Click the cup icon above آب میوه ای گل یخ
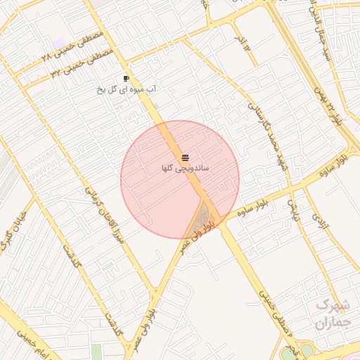point(126,79)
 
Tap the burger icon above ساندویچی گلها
point(184,157)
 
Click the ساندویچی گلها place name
point(184,168)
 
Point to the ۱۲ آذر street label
point(242,42)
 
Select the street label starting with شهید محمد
point(264,134)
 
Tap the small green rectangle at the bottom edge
point(97,352)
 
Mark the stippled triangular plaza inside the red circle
point(204,214)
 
